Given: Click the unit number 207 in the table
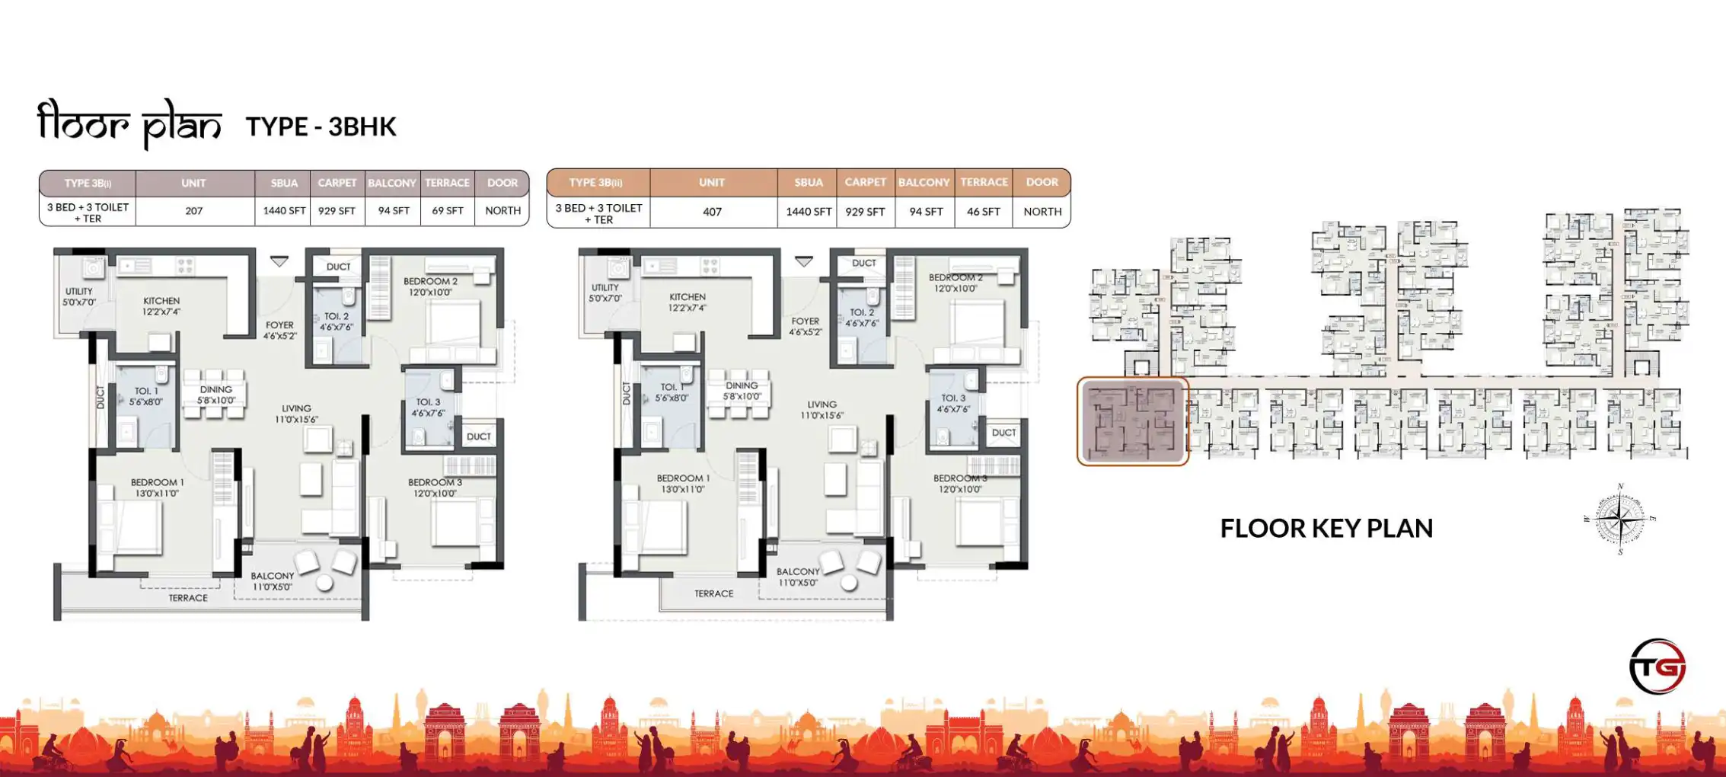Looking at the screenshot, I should [x=194, y=211].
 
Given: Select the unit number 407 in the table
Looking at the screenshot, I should [x=712, y=212].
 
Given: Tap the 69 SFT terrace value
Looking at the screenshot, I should [x=447, y=211].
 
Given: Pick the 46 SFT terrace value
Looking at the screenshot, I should [x=983, y=212].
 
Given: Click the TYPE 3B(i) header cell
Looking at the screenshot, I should [x=88, y=183].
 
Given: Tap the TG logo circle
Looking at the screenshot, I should [x=1657, y=667].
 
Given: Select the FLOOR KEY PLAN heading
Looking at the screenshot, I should [x=1326, y=529].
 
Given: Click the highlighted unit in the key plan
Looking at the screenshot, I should [x=1132, y=421].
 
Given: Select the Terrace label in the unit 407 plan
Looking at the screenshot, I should [x=713, y=593].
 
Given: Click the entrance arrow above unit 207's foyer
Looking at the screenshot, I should [x=279, y=261].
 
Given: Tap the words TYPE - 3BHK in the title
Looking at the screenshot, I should [x=321, y=126].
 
